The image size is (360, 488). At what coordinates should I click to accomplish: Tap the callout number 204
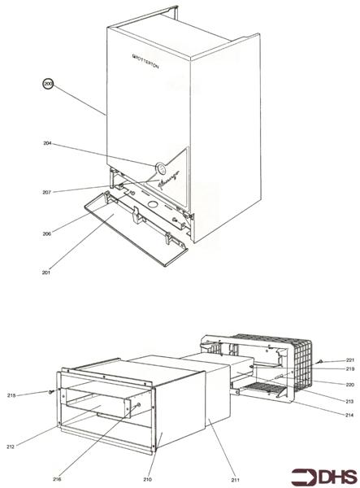pos(47,144)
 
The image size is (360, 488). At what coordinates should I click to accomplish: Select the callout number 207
pos(47,192)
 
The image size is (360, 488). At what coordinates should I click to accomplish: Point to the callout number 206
pos(47,233)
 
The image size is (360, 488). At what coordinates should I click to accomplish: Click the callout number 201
pos(47,272)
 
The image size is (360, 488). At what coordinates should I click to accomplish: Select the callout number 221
pos(350,359)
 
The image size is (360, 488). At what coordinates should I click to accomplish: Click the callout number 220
pos(350,384)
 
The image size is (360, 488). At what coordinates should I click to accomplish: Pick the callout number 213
pos(350,401)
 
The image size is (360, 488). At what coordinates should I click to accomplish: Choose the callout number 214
pos(350,415)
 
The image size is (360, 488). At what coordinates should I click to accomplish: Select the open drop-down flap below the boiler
pos(135,236)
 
